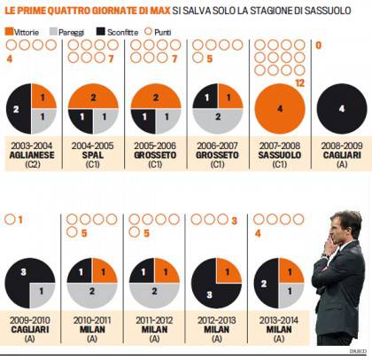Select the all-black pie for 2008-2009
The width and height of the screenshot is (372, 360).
click(339, 109)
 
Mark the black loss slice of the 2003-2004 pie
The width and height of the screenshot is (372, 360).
click(18, 109)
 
